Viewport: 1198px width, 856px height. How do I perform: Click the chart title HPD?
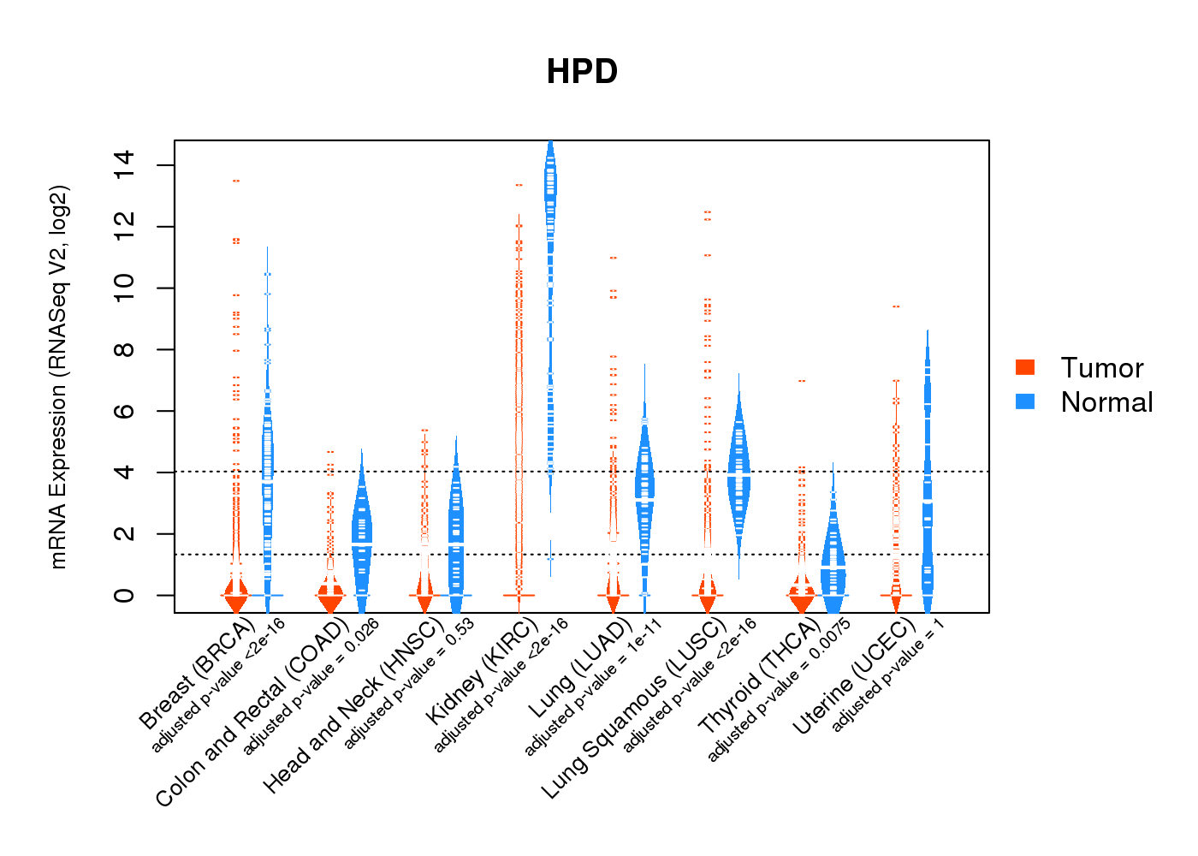(582, 72)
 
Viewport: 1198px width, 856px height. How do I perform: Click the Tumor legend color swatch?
(1025, 367)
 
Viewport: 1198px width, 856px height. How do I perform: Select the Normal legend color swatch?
(1025, 401)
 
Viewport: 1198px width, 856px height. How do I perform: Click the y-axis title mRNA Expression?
(58, 377)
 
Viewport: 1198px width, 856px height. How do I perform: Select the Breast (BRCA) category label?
(196, 675)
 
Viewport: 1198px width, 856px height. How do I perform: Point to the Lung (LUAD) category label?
(579, 669)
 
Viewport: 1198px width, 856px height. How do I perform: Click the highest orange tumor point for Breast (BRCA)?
(236, 181)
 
